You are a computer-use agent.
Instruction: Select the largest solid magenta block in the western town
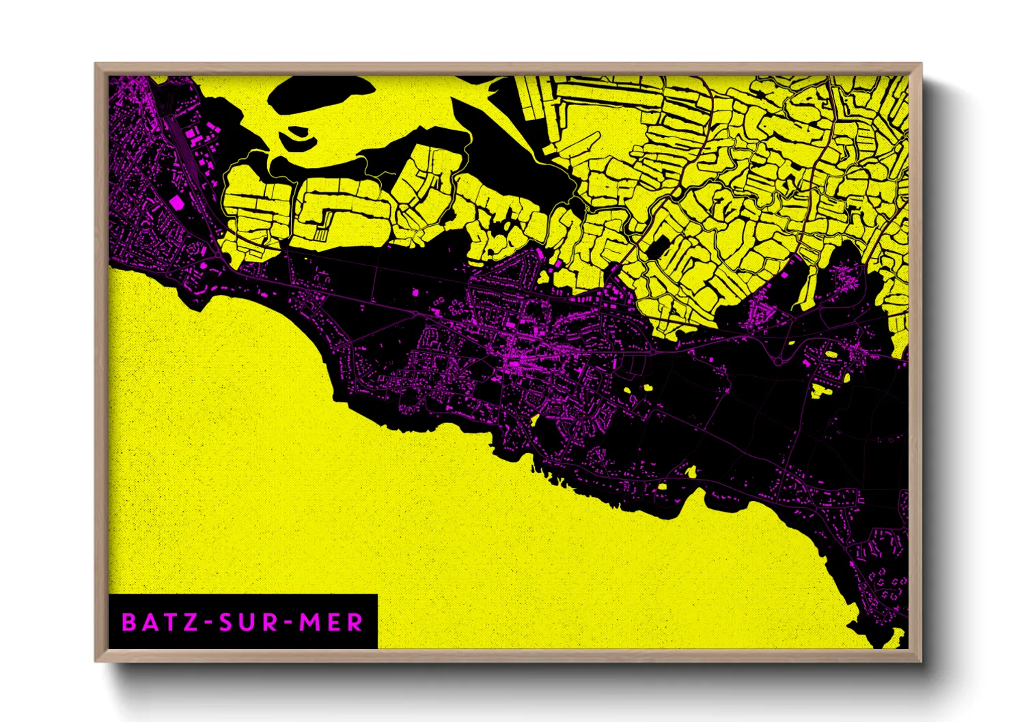click(176, 201)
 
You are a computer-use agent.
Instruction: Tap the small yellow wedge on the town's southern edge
click(535, 420)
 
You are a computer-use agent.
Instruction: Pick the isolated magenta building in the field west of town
click(415, 292)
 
